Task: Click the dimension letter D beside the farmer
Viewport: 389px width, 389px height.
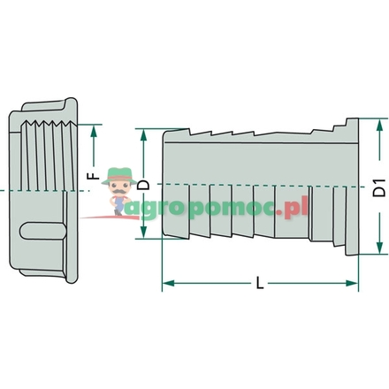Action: coord(144,185)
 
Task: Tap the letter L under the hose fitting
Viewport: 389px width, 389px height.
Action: coord(258,284)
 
